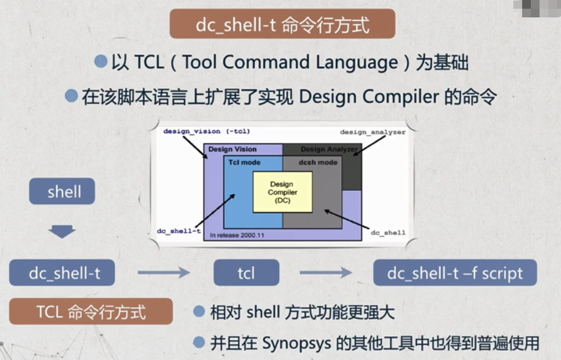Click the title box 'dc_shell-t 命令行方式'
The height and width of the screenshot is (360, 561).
[x=282, y=26]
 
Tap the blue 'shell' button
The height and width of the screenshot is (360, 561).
[x=62, y=192]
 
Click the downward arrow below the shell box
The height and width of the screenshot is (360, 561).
[x=62, y=232]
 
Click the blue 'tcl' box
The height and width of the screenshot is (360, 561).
[x=246, y=273]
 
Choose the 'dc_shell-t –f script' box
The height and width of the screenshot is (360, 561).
[x=454, y=273]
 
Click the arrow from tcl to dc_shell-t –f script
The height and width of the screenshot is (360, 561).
[x=325, y=273]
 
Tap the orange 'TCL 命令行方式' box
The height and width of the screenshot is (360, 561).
[x=91, y=311]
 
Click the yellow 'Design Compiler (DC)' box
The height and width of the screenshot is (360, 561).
[x=283, y=192]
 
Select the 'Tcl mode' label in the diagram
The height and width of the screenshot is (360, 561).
[x=244, y=162]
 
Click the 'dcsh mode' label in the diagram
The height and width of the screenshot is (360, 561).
[x=318, y=162]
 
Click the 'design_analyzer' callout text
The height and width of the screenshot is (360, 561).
[x=372, y=132]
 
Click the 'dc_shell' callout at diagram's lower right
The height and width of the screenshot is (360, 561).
[x=388, y=232]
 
